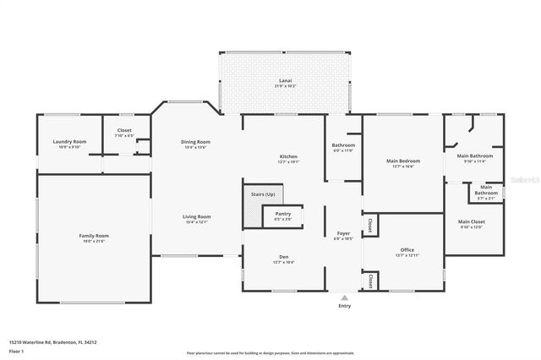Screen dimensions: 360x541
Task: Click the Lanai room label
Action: click(285, 83)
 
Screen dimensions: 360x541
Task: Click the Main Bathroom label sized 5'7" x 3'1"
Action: click(486, 190)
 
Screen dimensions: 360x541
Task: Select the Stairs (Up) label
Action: click(263, 195)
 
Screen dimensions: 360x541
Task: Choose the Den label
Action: click(284, 259)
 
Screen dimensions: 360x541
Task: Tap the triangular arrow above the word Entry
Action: click(344, 297)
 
